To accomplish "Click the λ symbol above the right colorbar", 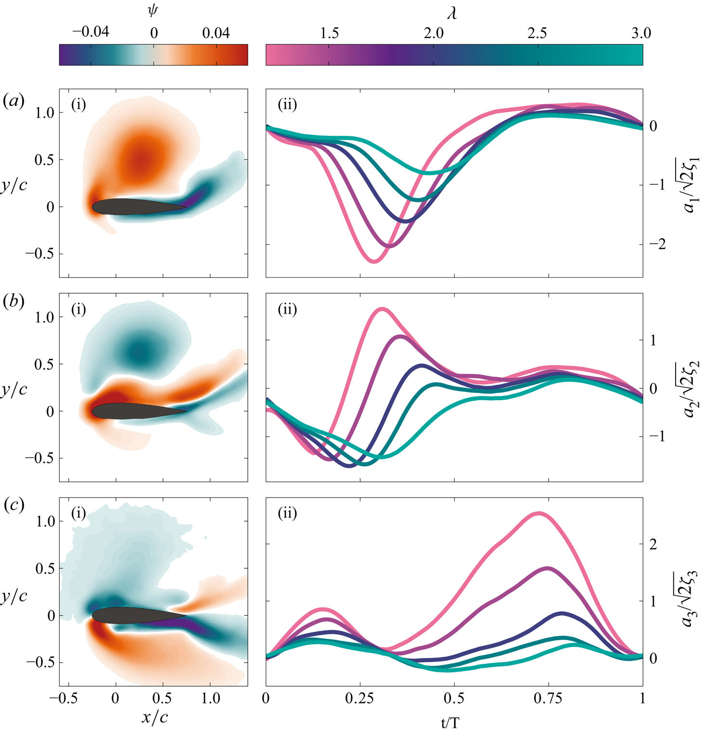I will point(452,13).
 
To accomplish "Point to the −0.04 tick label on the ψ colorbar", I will point(90,32).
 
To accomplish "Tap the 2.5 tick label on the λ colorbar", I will point(537,33).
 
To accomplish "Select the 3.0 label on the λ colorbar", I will point(641,33).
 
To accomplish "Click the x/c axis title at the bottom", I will point(155,717).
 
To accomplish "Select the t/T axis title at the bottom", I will point(450,722).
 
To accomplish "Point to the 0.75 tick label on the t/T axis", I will point(549,698).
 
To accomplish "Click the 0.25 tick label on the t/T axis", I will point(360,698).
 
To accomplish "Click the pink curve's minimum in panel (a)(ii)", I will point(374,262).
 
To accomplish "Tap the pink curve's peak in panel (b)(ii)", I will point(382,308).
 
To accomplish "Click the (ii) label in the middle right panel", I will point(287,309).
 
